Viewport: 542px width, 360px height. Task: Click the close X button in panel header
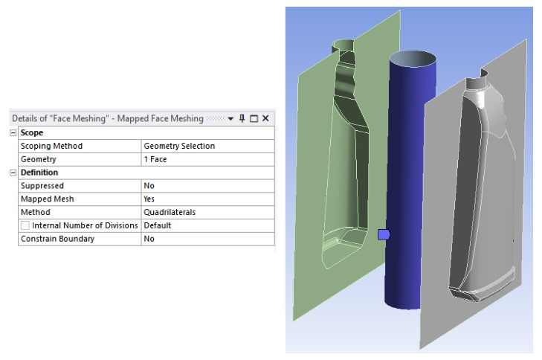coord(265,118)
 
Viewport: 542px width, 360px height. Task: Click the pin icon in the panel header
coord(242,118)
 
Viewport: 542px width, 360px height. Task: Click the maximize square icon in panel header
coord(254,118)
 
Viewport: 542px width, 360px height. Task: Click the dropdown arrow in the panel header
coord(230,118)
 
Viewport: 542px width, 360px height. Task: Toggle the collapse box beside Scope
coord(13,133)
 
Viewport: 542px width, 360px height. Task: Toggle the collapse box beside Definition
coord(13,173)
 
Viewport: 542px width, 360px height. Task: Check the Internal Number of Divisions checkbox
coord(25,225)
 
